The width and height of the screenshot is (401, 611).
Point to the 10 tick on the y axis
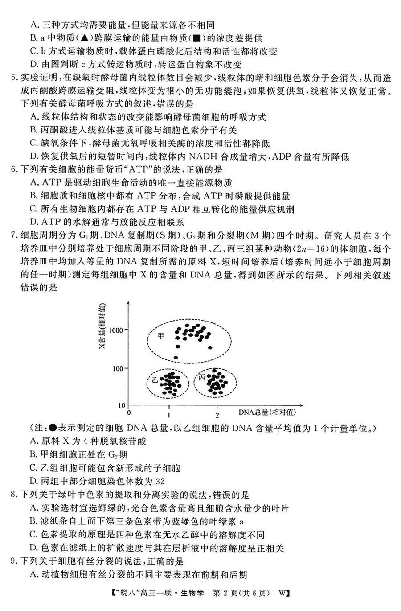pos(121,405)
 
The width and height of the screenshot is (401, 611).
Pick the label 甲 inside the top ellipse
pos(161,336)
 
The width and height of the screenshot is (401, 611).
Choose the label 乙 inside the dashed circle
pos(155,380)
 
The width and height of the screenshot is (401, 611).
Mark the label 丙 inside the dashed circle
pos(202,378)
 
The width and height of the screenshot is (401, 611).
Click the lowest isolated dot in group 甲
pos(176,358)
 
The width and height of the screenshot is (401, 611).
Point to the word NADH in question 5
pos(204,157)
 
